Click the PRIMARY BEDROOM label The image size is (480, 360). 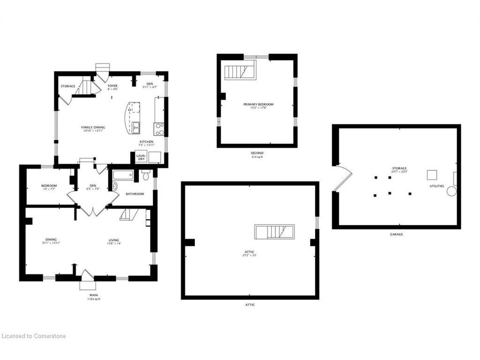tap(258, 104)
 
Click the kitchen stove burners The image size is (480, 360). tap(159, 128)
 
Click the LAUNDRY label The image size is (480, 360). tap(141, 157)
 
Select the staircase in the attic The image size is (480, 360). tap(274, 232)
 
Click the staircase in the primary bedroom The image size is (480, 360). tap(240, 72)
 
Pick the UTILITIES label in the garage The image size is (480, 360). tap(436, 186)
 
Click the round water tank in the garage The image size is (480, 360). tap(451, 191)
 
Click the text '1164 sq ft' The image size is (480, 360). tap(93, 299)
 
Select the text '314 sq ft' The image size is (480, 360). tap(257, 157)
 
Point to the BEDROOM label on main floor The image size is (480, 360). tap(49, 186)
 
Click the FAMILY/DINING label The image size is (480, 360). tap(93, 127)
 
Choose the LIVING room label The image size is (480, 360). tap(114, 240)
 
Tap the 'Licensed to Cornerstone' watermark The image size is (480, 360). tap(34, 336)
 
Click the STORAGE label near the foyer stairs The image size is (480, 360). tap(68, 86)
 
